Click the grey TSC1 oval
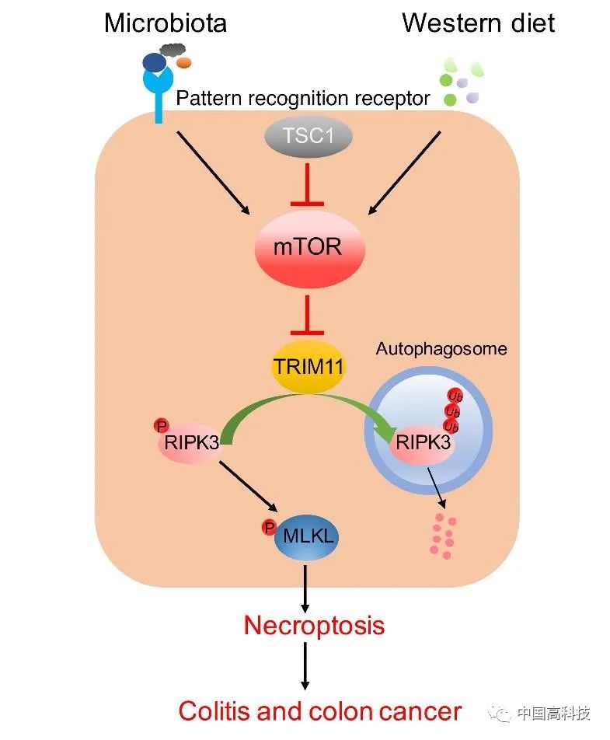point(307,138)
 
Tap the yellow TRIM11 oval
point(308,365)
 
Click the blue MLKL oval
point(305,536)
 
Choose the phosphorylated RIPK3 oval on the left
point(191,442)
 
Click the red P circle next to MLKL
point(269,528)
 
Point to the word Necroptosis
point(313,625)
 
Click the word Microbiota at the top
point(165,23)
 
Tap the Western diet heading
point(478,23)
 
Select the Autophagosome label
point(441,348)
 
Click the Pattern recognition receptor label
point(303,99)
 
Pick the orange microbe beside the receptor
point(184,63)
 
